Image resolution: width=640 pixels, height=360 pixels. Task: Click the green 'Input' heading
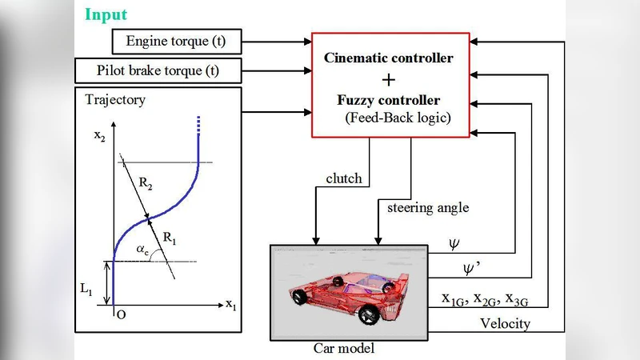(106, 14)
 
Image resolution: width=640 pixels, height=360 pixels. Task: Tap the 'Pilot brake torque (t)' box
(158, 70)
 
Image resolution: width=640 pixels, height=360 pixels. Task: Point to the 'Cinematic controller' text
(388, 58)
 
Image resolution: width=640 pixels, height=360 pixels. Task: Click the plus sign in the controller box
(389, 80)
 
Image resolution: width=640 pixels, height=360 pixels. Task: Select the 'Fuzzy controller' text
(388, 101)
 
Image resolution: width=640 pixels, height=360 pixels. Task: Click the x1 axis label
(230, 304)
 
